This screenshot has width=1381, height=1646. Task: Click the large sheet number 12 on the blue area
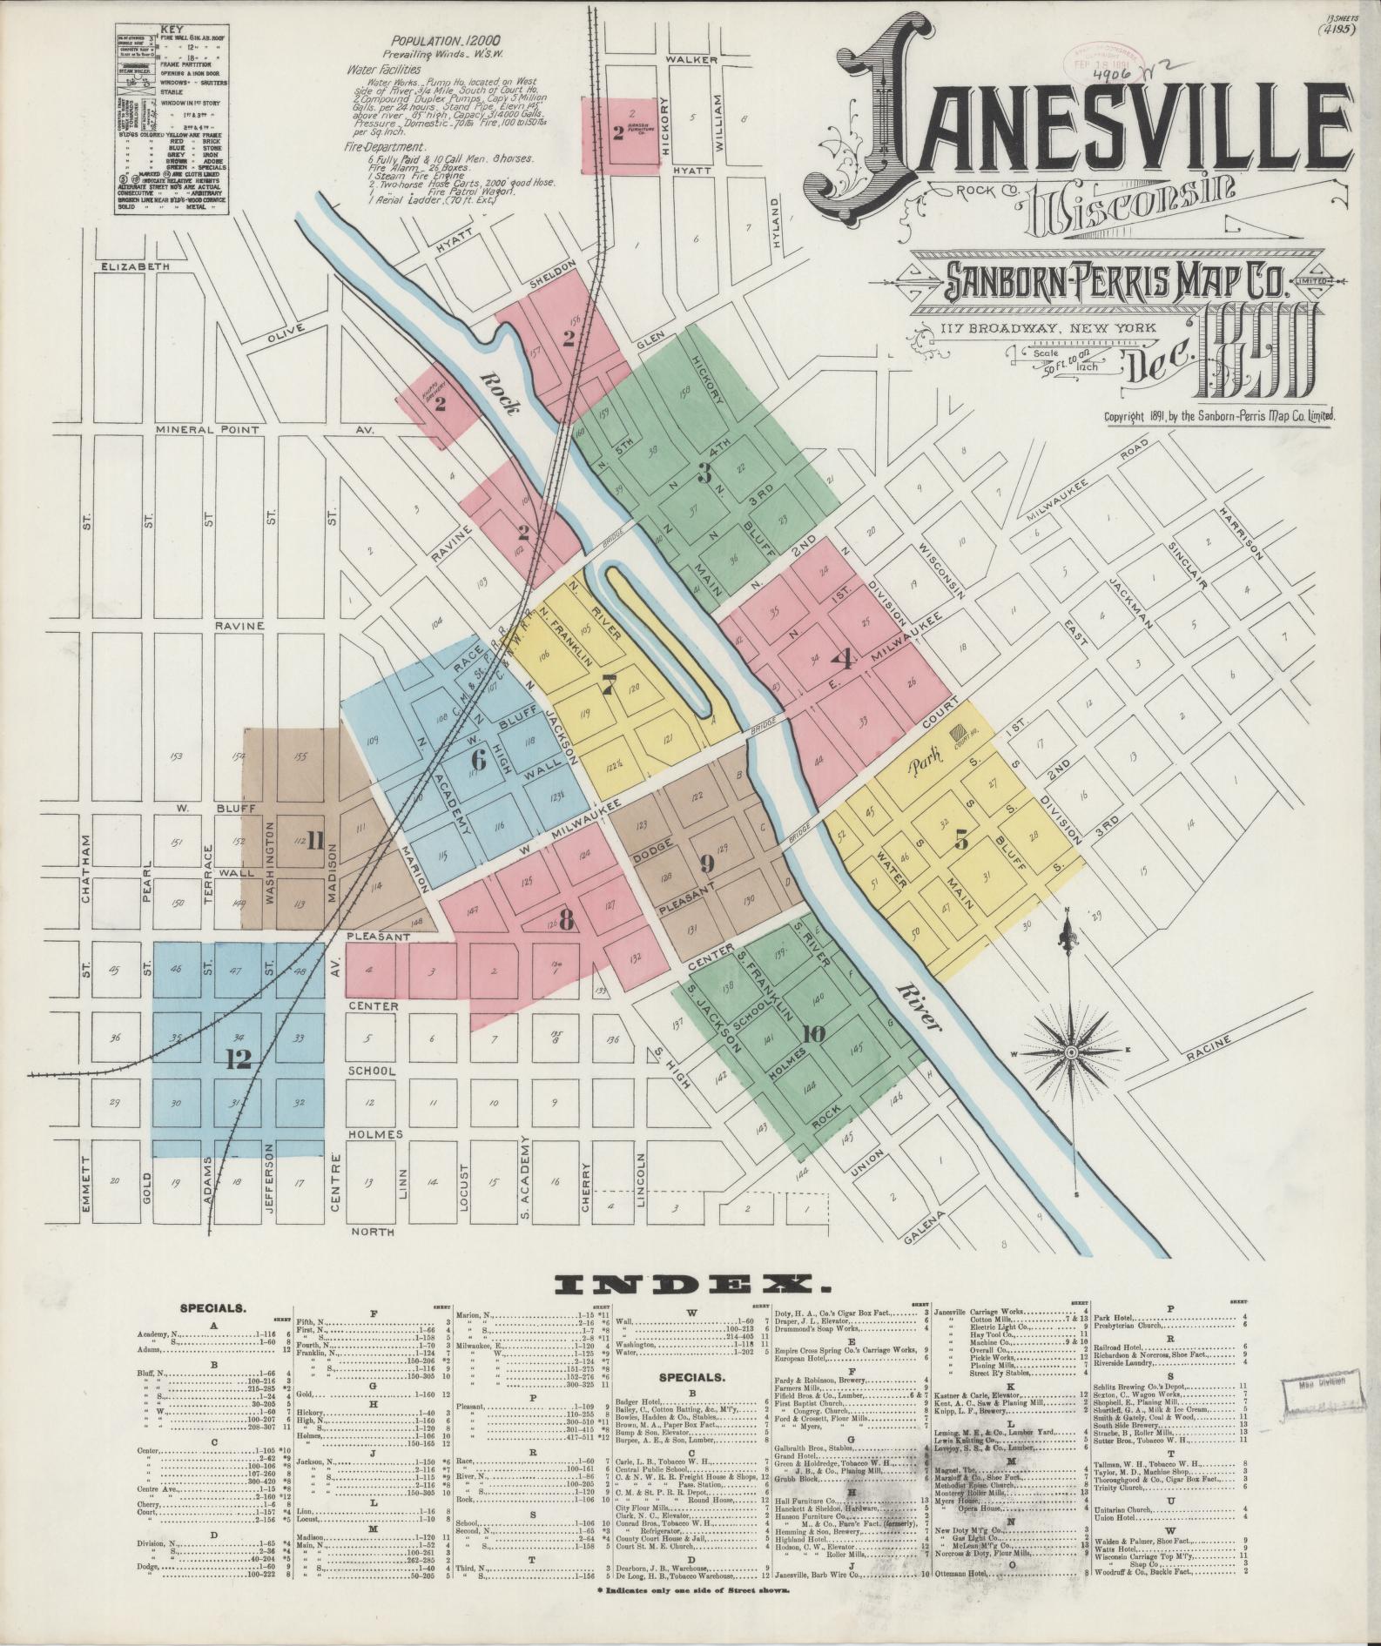click(x=237, y=1059)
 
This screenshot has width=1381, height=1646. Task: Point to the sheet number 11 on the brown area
click(x=313, y=841)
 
